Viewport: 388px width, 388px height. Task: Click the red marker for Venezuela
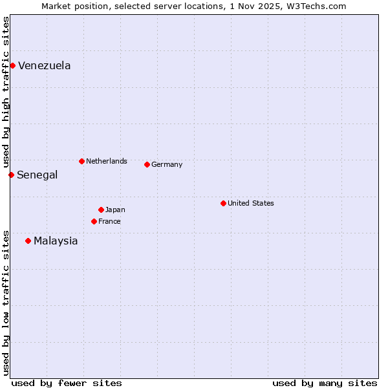pos(12,65)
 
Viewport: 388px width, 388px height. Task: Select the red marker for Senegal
pos(11,175)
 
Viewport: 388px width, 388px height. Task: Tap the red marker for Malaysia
pos(28,241)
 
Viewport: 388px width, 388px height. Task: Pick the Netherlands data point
pos(81,161)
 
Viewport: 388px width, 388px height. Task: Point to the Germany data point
pos(147,164)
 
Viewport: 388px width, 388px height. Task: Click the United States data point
pos(223,203)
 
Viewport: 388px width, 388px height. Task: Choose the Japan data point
pos(101,210)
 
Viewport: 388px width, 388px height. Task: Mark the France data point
pos(94,221)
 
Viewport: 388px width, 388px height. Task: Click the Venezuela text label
pos(45,65)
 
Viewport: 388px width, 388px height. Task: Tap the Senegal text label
pos(38,175)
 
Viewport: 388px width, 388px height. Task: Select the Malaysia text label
pos(56,241)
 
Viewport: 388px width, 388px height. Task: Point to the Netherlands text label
pos(107,161)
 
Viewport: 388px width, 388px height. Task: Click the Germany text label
pos(167,164)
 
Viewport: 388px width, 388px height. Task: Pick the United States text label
pos(251,203)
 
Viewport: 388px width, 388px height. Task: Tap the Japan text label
pos(115,210)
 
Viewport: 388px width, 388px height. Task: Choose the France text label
pos(109,221)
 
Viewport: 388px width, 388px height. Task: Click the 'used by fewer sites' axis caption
pos(67,383)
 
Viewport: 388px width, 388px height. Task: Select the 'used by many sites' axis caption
pos(325,383)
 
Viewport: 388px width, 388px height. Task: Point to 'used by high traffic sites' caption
pos(6,92)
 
